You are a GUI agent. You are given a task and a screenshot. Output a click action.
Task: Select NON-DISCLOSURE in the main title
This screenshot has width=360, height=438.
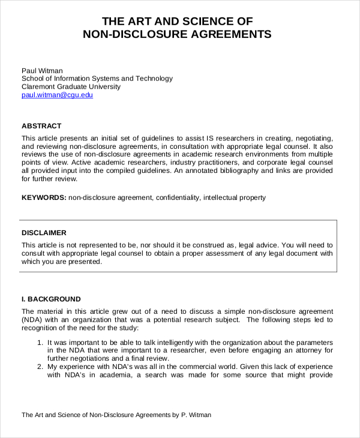pos(136,34)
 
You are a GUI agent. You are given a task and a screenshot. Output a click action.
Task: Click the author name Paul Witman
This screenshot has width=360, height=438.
pos(42,70)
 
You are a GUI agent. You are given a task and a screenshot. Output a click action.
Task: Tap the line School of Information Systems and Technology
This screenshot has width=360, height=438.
pos(97,79)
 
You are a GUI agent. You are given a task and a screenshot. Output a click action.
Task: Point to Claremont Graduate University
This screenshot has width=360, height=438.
pos(71,87)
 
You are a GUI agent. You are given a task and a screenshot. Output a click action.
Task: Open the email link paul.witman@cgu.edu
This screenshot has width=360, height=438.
pos(57,95)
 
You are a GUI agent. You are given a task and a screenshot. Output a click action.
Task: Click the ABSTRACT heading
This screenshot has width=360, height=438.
pos(41,126)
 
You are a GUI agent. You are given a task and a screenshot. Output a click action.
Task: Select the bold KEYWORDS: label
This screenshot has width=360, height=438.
pos(44,197)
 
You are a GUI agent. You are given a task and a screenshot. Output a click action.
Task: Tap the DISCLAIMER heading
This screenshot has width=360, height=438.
pos(44,233)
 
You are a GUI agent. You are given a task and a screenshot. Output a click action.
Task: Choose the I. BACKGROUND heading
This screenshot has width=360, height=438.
pos(51,299)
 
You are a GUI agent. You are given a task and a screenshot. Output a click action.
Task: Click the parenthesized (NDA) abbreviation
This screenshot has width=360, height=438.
pos(32,320)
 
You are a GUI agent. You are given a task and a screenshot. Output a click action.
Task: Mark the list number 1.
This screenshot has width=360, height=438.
pos(40,342)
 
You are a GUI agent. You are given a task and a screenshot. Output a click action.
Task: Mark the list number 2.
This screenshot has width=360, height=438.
pos(40,367)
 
